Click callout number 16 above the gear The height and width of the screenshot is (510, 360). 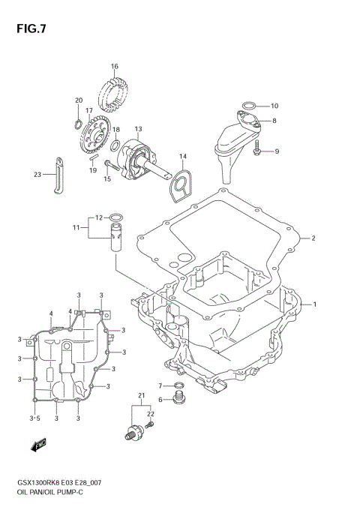click(115, 67)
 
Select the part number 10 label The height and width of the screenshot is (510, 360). click(274, 106)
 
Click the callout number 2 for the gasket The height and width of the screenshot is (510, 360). click(313, 238)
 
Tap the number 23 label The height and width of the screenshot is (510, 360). click(37, 176)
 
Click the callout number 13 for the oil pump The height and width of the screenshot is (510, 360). click(138, 128)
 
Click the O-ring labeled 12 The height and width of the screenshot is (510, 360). click(116, 219)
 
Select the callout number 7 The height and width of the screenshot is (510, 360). click(160, 385)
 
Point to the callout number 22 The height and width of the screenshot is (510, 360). click(150, 413)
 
